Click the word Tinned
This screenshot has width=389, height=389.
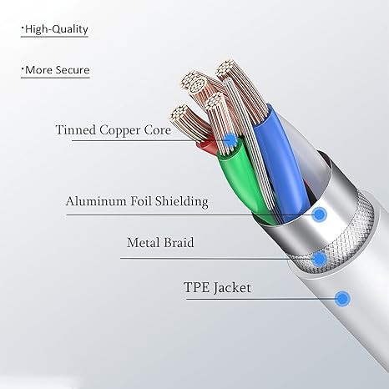[76, 130]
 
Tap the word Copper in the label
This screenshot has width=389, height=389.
[120, 131]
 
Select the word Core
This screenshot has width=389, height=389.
[158, 130]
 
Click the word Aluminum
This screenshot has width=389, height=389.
[96, 201]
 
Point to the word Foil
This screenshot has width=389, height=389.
[141, 201]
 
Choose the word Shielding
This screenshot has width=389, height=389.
[182, 201]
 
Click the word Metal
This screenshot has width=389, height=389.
[143, 242]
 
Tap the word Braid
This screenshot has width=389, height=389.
[179, 242]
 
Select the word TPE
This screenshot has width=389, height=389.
[196, 287]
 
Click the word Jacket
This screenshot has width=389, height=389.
[232, 288]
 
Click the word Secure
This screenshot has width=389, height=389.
[73, 70]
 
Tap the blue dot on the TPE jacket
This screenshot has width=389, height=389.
[342, 299]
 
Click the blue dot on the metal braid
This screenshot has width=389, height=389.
[319, 259]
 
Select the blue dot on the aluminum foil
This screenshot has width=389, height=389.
[320, 214]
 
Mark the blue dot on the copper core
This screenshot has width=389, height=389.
[230, 139]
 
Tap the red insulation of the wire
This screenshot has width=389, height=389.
[207, 146]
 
